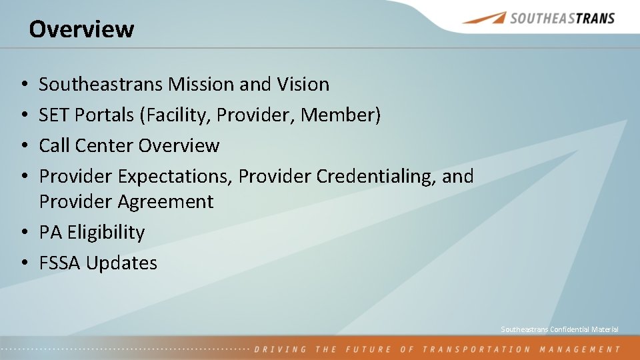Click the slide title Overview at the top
pyautogui.click(x=81, y=29)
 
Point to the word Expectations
pyautogui.click(x=175, y=176)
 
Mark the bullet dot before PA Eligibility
pyautogui.click(x=23, y=233)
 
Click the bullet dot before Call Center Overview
pyautogui.click(x=23, y=146)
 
